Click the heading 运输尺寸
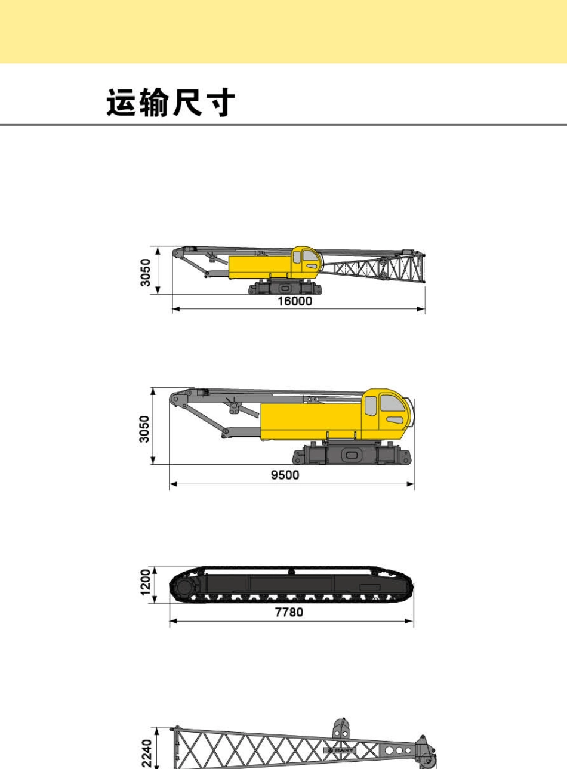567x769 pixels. [x=171, y=102]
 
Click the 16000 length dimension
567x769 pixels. [x=295, y=301]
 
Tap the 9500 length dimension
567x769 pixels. [x=285, y=475]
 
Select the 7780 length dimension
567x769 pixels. [x=289, y=612]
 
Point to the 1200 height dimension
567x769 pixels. [x=146, y=582]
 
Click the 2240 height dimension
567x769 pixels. [x=147, y=753]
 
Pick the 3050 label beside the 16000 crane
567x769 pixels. [x=146, y=273]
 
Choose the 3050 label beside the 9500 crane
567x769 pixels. [x=144, y=429]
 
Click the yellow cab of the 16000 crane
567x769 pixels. [x=307, y=262]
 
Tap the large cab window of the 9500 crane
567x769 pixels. [x=393, y=404]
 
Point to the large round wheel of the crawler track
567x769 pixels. [x=185, y=588]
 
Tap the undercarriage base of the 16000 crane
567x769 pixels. [x=285, y=287]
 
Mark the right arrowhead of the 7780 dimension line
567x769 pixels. [x=409, y=620]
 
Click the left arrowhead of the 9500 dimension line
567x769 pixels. [x=174, y=484]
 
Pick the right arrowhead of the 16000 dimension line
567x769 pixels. [x=421, y=309]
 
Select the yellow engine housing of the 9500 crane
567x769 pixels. [x=312, y=422]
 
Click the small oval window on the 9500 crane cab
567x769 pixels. [x=395, y=420]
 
